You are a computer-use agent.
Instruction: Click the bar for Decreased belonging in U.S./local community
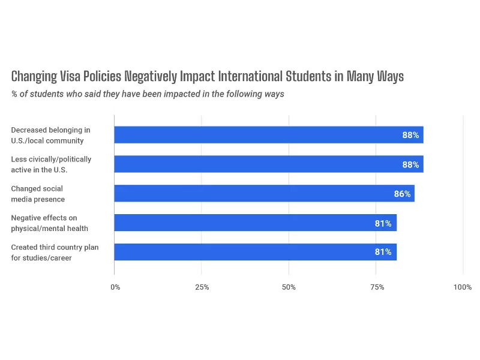(268, 135)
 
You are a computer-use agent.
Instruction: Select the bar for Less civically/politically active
(268, 164)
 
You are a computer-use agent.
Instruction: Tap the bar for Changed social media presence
(264, 194)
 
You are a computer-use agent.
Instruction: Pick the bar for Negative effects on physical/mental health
(255, 223)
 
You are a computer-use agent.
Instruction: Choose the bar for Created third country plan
(255, 252)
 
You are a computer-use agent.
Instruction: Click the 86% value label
(402, 194)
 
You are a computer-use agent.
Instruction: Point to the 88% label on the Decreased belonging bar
(410, 135)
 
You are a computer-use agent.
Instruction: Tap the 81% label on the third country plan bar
(383, 252)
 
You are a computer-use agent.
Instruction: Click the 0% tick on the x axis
(115, 287)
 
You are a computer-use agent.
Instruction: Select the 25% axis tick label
(202, 287)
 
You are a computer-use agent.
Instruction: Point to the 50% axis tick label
(289, 287)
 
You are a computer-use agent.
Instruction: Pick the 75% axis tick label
(376, 287)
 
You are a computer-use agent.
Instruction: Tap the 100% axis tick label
(462, 287)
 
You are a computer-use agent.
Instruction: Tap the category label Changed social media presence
(37, 194)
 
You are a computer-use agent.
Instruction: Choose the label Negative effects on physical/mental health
(49, 223)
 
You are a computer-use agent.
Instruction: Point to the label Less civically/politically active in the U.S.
(51, 164)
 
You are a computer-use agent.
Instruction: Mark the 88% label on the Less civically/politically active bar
(410, 164)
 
